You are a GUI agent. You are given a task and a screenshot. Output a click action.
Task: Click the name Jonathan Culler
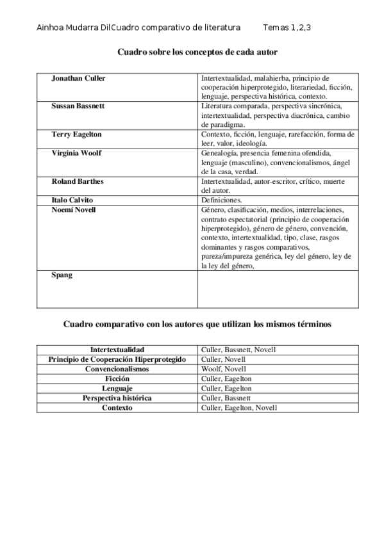click(x=78, y=78)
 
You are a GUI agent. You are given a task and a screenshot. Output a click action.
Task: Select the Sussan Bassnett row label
click(x=78, y=106)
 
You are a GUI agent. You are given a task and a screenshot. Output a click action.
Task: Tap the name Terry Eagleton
click(x=76, y=134)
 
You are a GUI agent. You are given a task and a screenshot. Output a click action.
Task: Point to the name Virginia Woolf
click(x=76, y=153)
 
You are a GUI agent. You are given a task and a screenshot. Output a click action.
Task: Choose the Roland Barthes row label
click(x=78, y=181)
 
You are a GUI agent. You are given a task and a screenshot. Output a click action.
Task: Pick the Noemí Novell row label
click(x=74, y=209)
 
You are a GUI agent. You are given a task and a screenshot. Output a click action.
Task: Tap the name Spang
click(x=62, y=275)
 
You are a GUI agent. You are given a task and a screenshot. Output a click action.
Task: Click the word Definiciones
click(x=222, y=200)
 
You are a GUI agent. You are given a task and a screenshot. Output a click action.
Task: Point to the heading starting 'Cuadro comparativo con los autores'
click(x=197, y=325)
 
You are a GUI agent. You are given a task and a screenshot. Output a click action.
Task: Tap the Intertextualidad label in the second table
click(x=117, y=350)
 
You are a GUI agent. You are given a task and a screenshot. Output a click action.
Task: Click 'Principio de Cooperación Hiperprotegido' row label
click(x=117, y=359)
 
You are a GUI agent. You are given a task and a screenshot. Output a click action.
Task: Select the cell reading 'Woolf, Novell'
click(x=224, y=369)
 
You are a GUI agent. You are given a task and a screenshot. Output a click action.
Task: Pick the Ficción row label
click(x=117, y=378)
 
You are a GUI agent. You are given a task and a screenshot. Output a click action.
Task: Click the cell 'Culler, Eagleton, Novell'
click(x=239, y=407)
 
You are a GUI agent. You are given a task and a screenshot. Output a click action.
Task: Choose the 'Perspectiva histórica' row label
click(x=117, y=398)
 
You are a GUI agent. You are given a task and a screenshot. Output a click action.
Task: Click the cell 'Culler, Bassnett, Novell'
click(x=239, y=350)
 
